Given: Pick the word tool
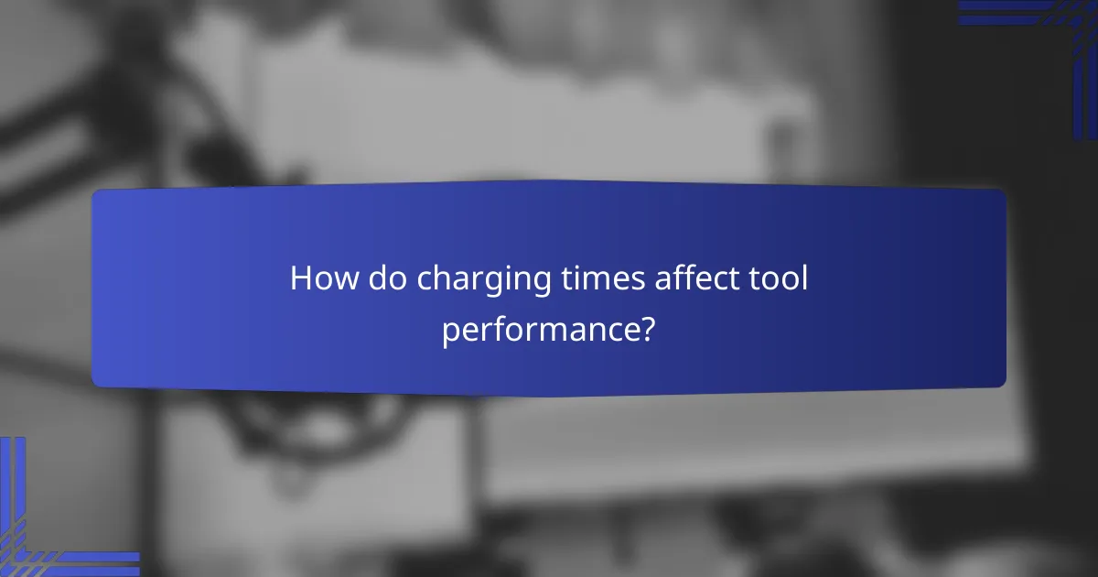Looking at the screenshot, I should tap(776, 279).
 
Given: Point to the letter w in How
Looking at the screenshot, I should tap(346, 282).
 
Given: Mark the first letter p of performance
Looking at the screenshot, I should tap(450, 332).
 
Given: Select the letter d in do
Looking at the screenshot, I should tap(379, 279).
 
